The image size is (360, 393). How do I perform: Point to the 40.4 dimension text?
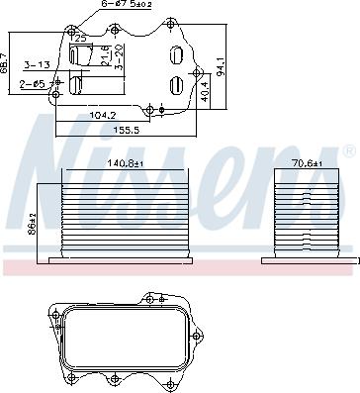[x=206, y=92]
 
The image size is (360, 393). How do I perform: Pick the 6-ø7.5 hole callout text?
[x=129, y=6]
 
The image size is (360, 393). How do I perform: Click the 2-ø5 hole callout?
[x=31, y=84]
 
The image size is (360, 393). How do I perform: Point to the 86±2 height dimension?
[x=33, y=221]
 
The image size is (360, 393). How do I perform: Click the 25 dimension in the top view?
[x=81, y=38]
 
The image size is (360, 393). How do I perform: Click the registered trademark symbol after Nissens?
[x=348, y=153]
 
